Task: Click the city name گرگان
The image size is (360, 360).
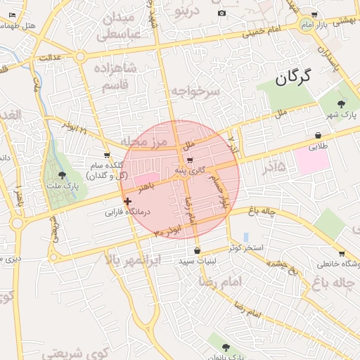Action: point(292,78)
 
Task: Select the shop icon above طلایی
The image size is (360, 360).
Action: point(319,135)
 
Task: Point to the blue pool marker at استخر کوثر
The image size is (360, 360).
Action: point(245,237)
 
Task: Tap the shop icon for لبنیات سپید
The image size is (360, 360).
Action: point(196,250)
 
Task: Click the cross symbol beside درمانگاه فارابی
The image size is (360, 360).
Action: point(127,201)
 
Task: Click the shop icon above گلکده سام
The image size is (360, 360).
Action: point(106,155)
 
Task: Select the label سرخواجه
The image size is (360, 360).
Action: point(195,92)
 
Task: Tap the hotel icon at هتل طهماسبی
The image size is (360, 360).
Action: point(12,15)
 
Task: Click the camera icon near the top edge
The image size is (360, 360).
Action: point(222,13)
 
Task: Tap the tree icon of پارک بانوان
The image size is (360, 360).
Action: point(226,347)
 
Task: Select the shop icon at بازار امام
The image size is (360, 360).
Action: point(314,14)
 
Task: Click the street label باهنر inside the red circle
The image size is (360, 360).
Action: point(146,188)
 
